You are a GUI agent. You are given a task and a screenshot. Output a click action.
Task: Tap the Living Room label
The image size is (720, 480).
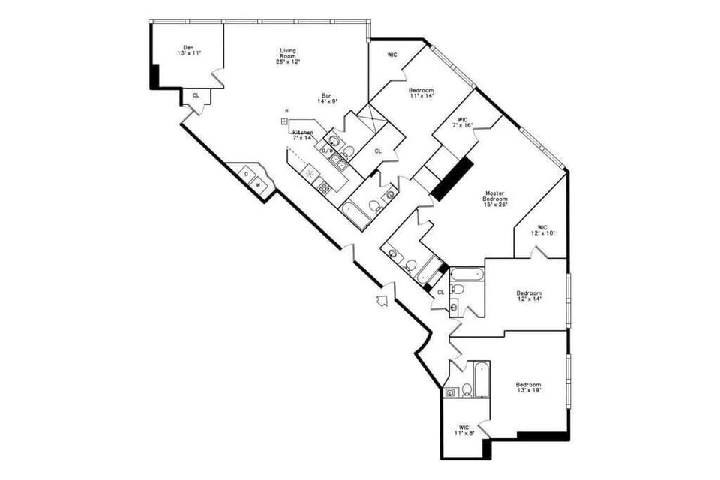tap(288, 56)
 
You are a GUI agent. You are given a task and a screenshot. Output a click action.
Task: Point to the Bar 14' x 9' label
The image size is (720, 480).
tap(327, 98)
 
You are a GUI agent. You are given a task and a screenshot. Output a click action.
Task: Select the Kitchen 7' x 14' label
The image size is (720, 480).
tap(302, 135)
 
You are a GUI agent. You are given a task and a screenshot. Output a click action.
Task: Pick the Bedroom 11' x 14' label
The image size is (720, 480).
tap(421, 93)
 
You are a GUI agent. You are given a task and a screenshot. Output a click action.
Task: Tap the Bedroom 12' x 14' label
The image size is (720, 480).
tap(528, 295)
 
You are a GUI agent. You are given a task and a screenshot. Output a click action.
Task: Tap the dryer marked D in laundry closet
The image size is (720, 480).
tap(246, 174)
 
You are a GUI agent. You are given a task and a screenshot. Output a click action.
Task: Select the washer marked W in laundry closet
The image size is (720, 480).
tap(259, 184)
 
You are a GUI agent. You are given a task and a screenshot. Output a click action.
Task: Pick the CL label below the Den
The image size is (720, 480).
tap(196, 96)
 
